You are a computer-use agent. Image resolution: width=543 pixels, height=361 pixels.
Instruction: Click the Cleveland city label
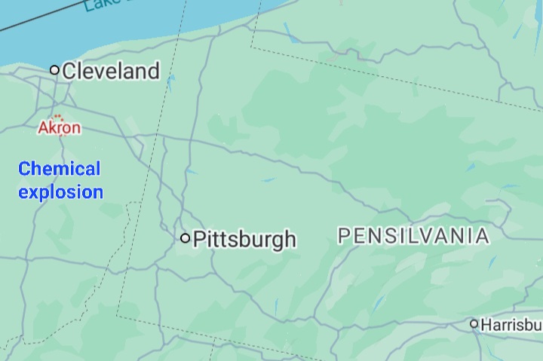(x=111, y=71)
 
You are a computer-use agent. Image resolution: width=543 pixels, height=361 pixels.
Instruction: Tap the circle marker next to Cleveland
(x=54, y=70)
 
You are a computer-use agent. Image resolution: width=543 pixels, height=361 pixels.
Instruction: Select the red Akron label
(x=60, y=128)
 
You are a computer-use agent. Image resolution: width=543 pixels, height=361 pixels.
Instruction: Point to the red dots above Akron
(x=57, y=117)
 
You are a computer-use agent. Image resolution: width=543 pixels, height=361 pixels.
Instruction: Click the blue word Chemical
(x=60, y=169)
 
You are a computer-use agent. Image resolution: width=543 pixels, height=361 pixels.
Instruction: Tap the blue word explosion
(x=60, y=192)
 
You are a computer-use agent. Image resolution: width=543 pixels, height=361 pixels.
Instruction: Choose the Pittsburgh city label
(x=244, y=240)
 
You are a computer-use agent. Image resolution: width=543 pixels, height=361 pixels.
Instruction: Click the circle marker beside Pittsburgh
(x=186, y=238)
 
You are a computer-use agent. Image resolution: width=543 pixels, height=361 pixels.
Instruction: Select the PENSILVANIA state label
(x=413, y=236)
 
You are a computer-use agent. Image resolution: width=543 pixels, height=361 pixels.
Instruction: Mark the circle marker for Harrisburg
(x=474, y=324)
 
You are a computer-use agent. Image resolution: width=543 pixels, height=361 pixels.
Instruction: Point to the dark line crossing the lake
(x=30, y=21)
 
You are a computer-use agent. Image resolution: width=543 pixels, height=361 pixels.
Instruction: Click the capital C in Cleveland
(x=70, y=72)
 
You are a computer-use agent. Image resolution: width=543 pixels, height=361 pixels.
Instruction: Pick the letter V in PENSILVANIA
(x=428, y=236)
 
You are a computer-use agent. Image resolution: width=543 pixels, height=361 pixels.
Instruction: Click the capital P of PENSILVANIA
(x=344, y=236)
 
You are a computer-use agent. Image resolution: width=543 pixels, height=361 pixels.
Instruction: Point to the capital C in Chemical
(x=24, y=169)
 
